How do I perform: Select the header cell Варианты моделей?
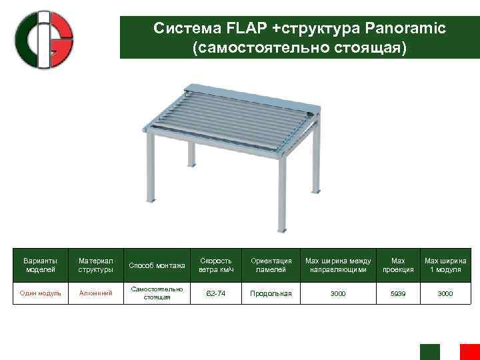coord(41,265)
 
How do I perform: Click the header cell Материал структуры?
coord(96,265)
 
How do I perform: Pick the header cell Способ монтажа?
coord(158,265)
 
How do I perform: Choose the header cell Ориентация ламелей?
coord(271,265)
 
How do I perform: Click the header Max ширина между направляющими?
coord(338,265)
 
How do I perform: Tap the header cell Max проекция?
coord(398,265)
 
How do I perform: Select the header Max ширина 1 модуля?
coord(446,265)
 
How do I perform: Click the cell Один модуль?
coord(41,293)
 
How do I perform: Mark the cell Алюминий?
coord(96,293)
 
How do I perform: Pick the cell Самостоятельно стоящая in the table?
coord(158,293)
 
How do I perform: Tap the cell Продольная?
coord(271,293)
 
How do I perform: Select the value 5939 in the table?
coord(398,293)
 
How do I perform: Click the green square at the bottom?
coord(430,352)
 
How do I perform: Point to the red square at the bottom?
coord(469,352)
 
